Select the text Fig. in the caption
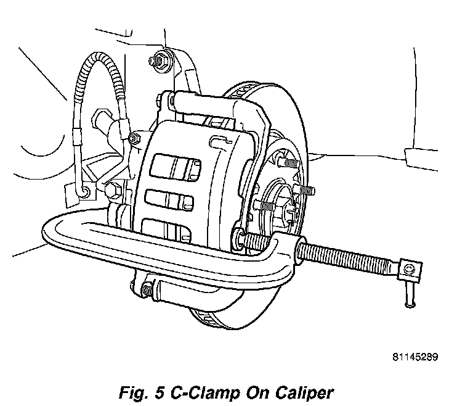coord(130,392)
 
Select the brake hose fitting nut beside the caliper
coord(134,139)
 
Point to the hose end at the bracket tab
coord(83,193)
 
